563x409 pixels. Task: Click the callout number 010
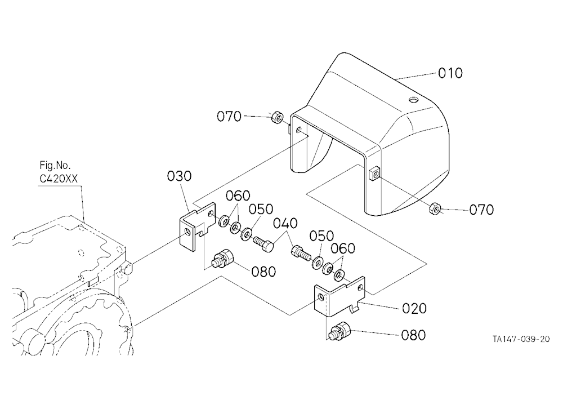pyautogui.click(x=450, y=73)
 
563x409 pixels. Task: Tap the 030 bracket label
pyautogui.click(x=179, y=176)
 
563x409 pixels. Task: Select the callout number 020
pyautogui.click(x=414, y=308)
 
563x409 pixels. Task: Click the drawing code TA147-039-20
pyautogui.click(x=521, y=339)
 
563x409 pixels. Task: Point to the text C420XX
pyautogui.click(x=58, y=179)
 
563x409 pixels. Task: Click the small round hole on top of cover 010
pyautogui.click(x=414, y=100)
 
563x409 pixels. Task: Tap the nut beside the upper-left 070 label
pyautogui.click(x=277, y=117)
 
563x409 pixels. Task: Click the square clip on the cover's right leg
pyautogui.click(x=374, y=174)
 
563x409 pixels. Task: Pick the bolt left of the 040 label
pyautogui.click(x=264, y=244)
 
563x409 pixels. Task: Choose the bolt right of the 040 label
pyautogui.click(x=301, y=253)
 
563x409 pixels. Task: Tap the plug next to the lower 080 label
pyautogui.click(x=339, y=330)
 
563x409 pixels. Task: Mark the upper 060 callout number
pyautogui.click(x=238, y=196)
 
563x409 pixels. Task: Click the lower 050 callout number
pyautogui.click(x=321, y=236)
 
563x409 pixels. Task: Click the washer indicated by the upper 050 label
pyautogui.click(x=247, y=234)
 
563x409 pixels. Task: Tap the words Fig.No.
pyautogui.click(x=55, y=166)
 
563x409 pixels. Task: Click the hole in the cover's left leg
pyautogui.click(x=299, y=130)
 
